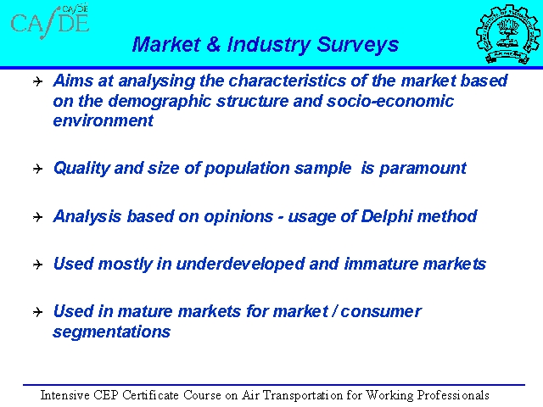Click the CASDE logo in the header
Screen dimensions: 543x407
pos(50,21)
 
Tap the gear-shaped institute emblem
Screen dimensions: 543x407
pos(507,34)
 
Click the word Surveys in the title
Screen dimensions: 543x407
pos(357,45)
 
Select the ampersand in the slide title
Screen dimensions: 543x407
pos(213,44)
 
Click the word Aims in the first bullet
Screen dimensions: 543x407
pos(73,81)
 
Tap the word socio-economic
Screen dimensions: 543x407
pos(390,101)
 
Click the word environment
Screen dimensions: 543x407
pos(103,120)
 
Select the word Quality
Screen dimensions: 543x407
pos(81,169)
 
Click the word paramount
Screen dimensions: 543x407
pos(423,169)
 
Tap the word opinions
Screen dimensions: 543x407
pos(238,217)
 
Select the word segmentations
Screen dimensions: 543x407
pos(111,332)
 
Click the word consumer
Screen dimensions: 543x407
pos(381,312)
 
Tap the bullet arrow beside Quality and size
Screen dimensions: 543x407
pos(37,169)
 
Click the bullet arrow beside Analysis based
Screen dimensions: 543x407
pos(37,217)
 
